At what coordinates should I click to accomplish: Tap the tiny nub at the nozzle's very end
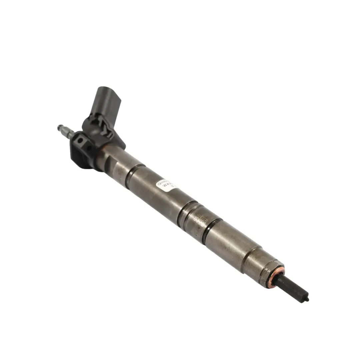point(307,299)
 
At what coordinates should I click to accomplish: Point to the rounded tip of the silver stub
point(59,127)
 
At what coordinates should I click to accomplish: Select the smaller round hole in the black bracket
point(89,147)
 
